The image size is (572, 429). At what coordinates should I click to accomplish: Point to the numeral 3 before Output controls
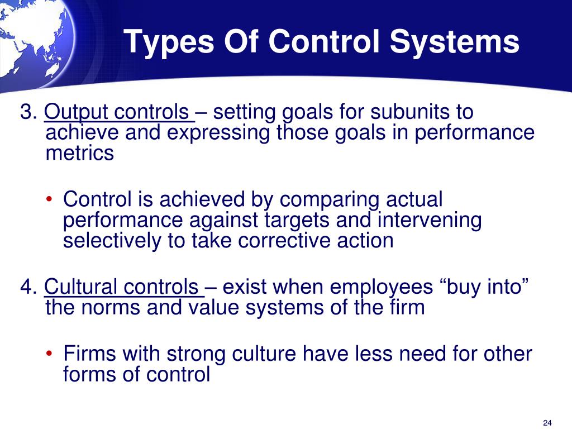coord(26,112)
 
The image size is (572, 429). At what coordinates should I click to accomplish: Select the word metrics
coord(79,152)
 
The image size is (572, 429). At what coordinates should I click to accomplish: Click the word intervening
coord(430,220)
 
